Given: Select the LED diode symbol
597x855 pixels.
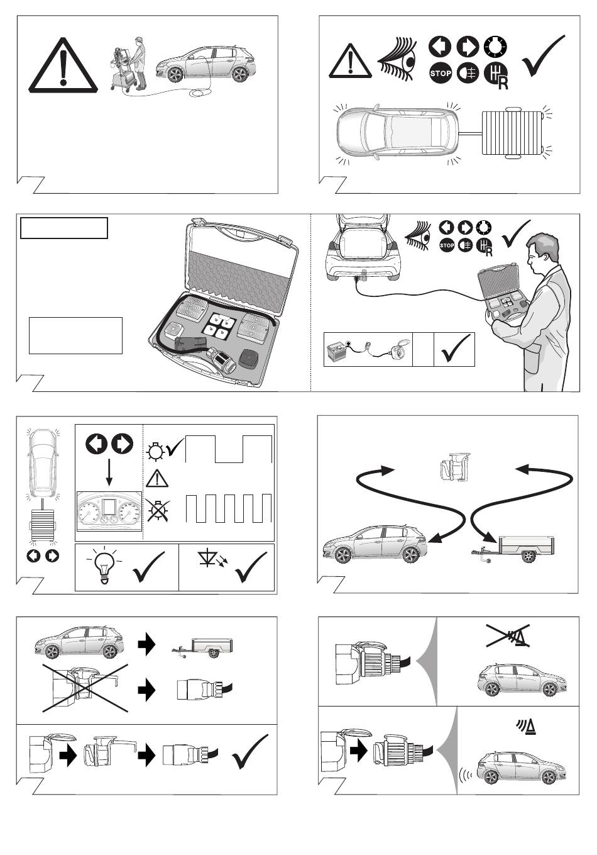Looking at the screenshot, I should (x=209, y=559).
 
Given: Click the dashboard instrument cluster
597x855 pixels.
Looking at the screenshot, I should (x=109, y=511).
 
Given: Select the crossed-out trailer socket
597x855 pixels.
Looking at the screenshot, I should (x=84, y=687).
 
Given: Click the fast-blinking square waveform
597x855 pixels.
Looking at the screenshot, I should (x=229, y=508).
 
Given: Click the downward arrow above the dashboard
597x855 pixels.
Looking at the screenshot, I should (x=109, y=472).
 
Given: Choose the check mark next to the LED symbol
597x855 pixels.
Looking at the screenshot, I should (x=250, y=567).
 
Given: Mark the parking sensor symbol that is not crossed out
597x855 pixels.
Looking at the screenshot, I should (x=525, y=727).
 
